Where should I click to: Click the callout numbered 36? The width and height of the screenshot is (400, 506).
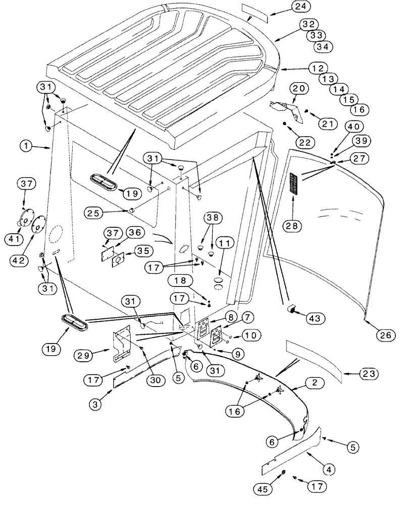click(x=134, y=232)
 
